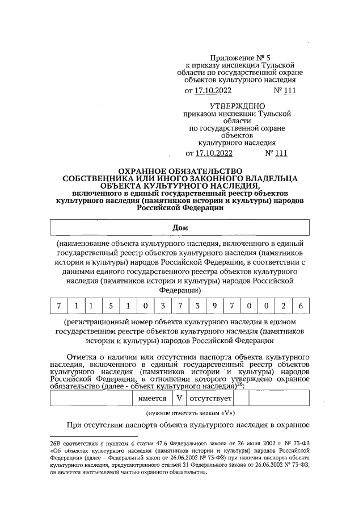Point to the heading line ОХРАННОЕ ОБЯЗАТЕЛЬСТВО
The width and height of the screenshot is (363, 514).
[179, 170]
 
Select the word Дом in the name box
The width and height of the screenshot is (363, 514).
[180, 227]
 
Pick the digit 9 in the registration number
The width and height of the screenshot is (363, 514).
[215, 307]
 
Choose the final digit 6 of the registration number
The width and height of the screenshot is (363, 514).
[301, 307]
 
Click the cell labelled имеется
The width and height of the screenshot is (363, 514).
[153, 398]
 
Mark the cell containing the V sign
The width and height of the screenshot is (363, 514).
[179, 398]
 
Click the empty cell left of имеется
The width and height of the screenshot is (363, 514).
[91, 398]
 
